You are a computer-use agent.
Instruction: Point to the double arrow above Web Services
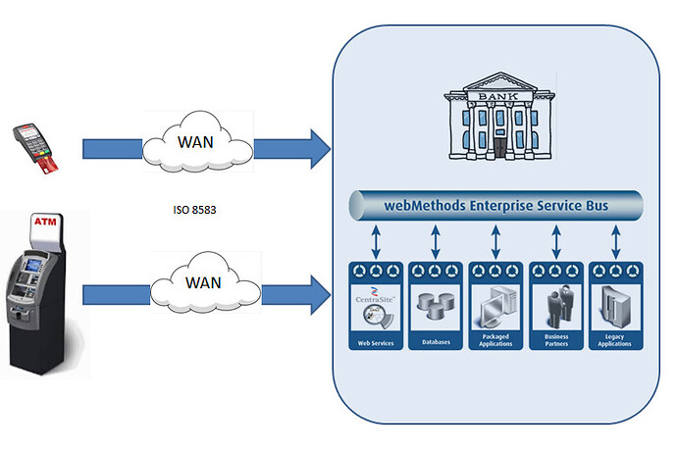pos(376,238)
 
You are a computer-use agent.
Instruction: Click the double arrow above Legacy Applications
pos(615,238)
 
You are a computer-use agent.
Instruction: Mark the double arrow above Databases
pos(436,238)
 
